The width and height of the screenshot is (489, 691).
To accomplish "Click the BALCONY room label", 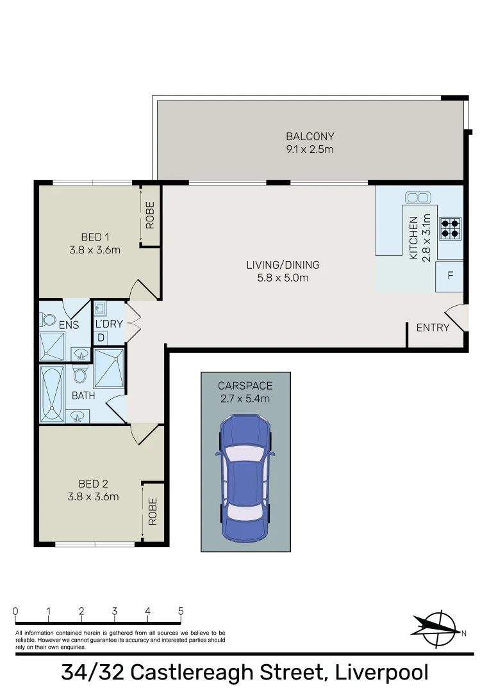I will [x=310, y=136].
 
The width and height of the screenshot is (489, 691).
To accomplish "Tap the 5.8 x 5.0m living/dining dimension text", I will [x=283, y=278].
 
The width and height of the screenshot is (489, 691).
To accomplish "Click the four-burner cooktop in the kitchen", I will [x=450, y=228].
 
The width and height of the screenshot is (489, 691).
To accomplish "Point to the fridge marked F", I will [x=450, y=276].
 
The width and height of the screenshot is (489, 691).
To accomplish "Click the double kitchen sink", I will [x=417, y=197].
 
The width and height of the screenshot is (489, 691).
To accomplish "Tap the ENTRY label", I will [x=433, y=328].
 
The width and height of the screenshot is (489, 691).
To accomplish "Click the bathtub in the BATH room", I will [x=52, y=393].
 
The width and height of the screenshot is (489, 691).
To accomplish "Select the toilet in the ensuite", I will [x=49, y=319].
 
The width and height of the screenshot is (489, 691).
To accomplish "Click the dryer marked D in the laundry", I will [x=101, y=337].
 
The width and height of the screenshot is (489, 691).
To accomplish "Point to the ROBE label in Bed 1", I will [x=151, y=215].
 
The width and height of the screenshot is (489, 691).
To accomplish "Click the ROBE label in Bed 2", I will [x=153, y=512].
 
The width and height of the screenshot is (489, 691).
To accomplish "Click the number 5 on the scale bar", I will [x=181, y=611].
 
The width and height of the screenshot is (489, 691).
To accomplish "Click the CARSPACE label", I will [x=245, y=386].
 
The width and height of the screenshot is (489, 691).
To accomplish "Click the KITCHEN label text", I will [x=413, y=237].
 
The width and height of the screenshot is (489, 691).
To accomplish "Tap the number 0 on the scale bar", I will [x=15, y=611].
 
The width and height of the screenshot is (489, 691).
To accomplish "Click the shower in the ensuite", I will [x=52, y=346].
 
